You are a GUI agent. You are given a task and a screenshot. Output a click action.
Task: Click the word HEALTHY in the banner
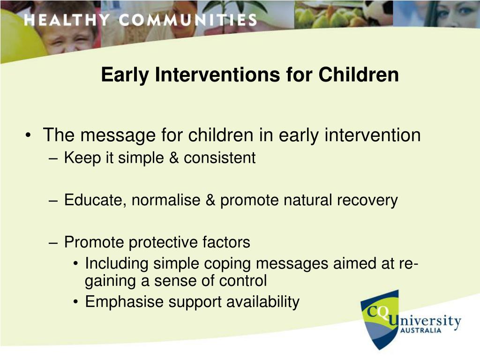click(67, 20)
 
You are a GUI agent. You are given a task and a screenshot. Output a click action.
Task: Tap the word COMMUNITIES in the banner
click(188, 20)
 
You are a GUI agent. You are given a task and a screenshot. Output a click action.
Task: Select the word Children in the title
click(359, 75)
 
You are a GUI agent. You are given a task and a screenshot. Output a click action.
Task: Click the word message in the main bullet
click(118, 135)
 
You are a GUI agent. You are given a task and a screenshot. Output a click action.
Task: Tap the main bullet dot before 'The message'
click(28, 135)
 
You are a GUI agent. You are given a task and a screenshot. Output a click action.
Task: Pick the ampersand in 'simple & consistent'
click(174, 158)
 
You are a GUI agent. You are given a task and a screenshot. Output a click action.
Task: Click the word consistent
click(219, 158)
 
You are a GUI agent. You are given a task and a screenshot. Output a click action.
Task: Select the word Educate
click(95, 201)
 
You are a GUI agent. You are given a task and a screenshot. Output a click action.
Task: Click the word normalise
click(166, 200)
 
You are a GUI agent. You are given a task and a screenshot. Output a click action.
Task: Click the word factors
click(226, 242)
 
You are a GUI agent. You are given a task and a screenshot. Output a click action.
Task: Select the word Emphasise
click(124, 302)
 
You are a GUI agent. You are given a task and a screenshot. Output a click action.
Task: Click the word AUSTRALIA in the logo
click(421, 330)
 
